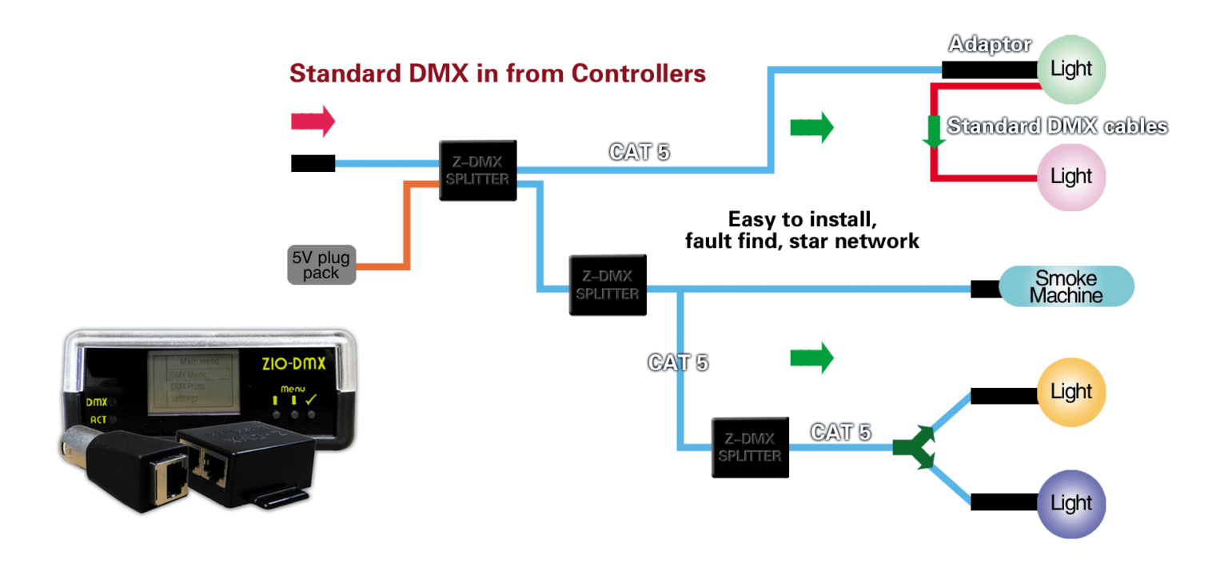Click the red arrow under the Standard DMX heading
(x=313, y=122)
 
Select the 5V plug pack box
(x=321, y=265)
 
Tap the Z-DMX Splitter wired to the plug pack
(x=477, y=170)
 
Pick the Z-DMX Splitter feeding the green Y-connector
(x=749, y=447)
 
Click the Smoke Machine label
(x=1066, y=286)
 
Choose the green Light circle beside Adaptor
(x=1071, y=69)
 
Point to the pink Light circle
(x=1071, y=176)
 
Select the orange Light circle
(x=1071, y=391)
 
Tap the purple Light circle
(x=1071, y=503)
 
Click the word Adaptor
(x=990, y=44)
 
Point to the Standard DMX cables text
(x=1057, y=126)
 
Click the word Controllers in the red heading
(x=638, y=74)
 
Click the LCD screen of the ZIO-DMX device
(x=191, y=381)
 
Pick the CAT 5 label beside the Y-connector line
(x=840, y=432)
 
